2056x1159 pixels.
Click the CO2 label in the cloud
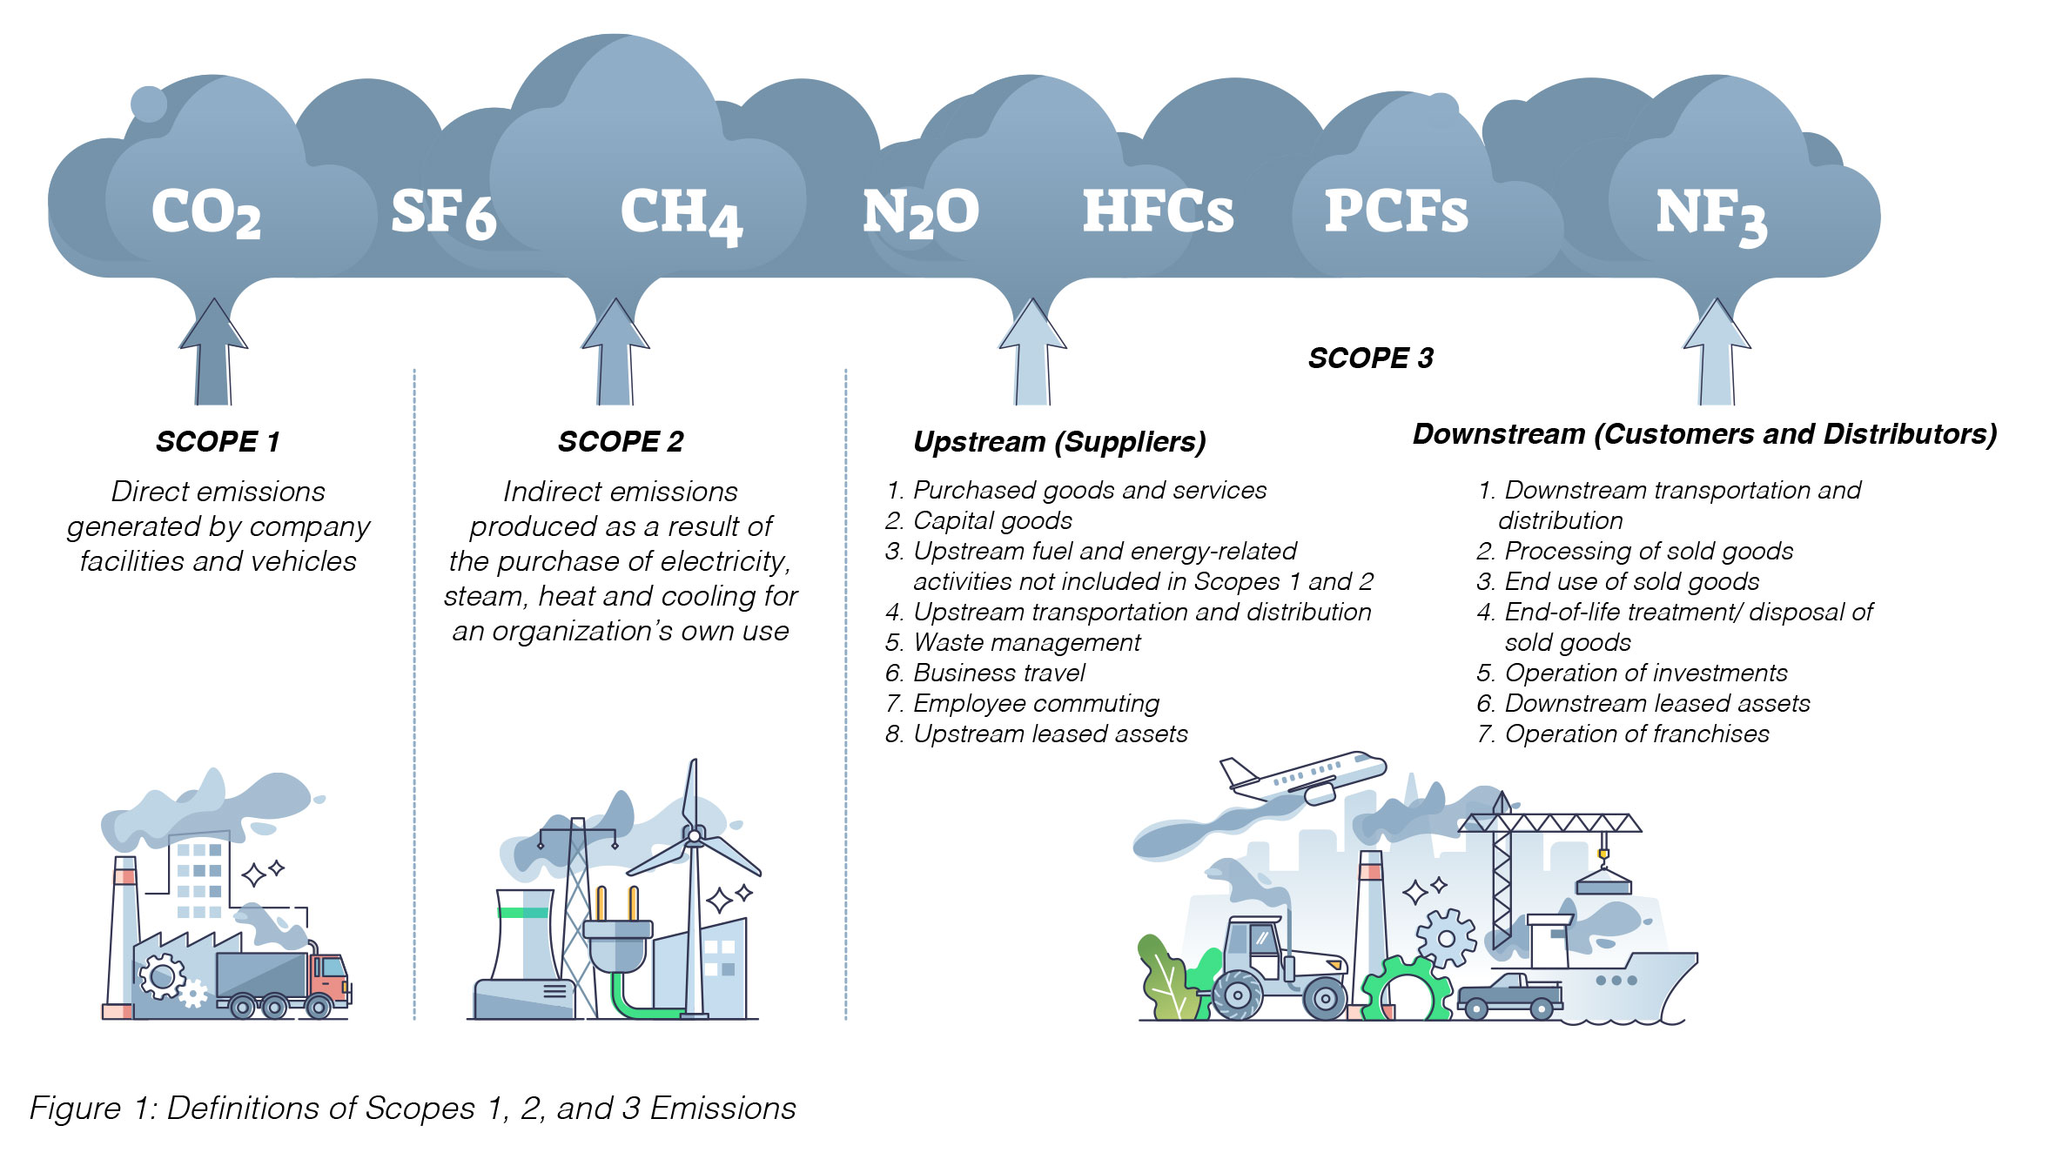click(x=205, y=213)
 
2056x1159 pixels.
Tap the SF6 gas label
click(x=443, y=213)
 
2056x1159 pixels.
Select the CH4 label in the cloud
click(x=680, y=214)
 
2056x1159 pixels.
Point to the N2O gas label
click(x=920, y=213)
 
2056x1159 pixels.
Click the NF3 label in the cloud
click(x=1710, y=216)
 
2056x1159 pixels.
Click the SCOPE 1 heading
click(x=218, y=442)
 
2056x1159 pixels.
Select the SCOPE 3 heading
click(x=1370, y=358)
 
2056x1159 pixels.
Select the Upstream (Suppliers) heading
click(x=1059, y=442)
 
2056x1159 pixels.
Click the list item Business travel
click(x=998, y=673)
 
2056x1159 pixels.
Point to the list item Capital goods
click(x=992, y=520)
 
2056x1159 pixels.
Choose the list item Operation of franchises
click(x=1636, y=734)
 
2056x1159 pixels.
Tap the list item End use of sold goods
click(x=1631, y=581)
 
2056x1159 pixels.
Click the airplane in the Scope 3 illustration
click(x=1306, y=776)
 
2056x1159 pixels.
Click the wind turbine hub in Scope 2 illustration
click(x=694, y=837)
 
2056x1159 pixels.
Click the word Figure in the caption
click(x=75, y=1109)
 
